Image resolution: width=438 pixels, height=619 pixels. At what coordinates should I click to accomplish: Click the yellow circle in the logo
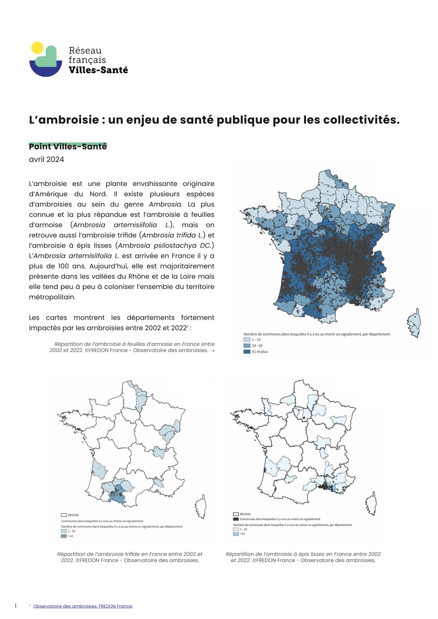pyautogui.click(x=37, y=48)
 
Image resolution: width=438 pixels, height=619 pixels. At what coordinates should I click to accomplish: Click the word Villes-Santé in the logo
pyautogui.click(x=98, y=70)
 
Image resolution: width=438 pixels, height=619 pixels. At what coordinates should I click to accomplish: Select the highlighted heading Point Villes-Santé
pyautogui.click(x=68, y=147)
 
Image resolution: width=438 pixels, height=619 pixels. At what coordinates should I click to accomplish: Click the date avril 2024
pyautogui.click(x=46, y=159)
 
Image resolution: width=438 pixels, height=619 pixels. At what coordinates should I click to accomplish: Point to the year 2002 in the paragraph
pyautogui.click(x=153, y=328)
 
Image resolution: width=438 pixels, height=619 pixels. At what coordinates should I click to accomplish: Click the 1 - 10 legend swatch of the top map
pyautogui.click(x=247, y=340)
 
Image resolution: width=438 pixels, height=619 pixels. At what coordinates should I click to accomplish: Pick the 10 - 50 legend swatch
pyautogui.click(x=247, y=345)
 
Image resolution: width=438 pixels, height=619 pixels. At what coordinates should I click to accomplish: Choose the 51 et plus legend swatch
pyautogui.click(x=247, y=352)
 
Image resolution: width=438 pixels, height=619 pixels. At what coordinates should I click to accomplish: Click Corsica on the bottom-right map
pyautogui.click(x=371, y=504)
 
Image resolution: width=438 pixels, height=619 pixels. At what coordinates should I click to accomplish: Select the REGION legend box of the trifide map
pyautogui.click(x=64, y=515)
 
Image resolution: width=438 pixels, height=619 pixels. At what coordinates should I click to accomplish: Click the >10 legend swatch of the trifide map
pyautogui.click(x=64, y=536)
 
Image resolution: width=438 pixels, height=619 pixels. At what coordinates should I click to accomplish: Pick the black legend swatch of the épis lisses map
pyautogui.click(x=236, y=519)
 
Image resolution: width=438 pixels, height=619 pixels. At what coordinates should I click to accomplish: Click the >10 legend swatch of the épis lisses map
pyautogui.click(x=236, y=534)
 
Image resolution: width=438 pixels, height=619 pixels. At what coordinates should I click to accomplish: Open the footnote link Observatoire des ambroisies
pyautogui.click(x=83, y=606)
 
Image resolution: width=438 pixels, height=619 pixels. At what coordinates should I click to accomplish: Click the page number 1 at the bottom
pyautogui.click(x=15, y=606)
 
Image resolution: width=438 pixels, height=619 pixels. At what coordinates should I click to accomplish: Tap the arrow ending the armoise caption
pyautogui.click(x=212, y=351)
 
